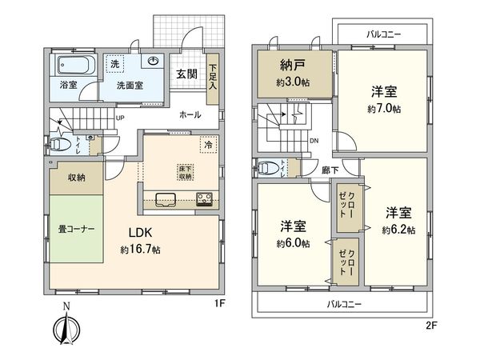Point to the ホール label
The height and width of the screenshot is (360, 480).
tap(190, 115)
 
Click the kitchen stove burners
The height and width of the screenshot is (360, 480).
tap(203, 199)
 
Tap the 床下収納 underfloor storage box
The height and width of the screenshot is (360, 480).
tap(183, 172)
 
